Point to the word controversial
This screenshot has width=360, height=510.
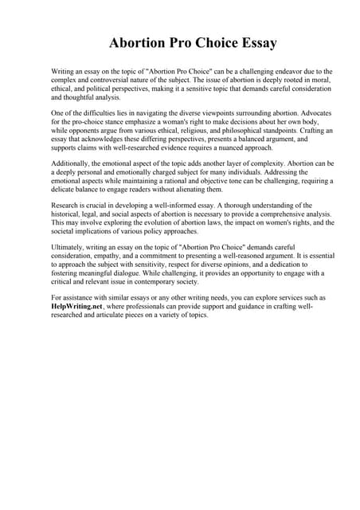[105, 80]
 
